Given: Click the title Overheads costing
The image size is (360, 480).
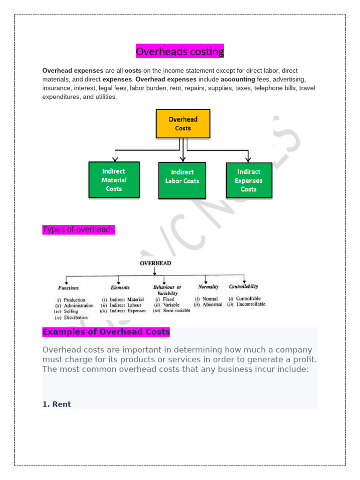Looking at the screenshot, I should tap(180, 51).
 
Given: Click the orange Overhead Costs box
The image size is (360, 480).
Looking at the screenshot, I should tap(183, 124).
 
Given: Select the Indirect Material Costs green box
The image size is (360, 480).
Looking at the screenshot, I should tap(114, 180).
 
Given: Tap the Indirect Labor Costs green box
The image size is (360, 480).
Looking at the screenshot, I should tap(182, 180).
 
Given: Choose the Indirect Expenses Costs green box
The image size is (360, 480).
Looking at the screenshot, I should tap(249, 180).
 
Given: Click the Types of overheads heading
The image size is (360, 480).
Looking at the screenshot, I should tap(78, 230).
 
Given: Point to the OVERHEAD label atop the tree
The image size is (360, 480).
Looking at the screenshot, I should tap(156, 263).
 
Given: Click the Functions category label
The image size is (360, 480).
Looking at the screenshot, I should tap(68, 288).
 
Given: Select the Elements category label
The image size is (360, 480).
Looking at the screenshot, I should tap(120, 287).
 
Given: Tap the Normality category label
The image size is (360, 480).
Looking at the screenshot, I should tap(208, 286).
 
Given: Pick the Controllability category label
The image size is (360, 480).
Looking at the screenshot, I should tap(243, 286).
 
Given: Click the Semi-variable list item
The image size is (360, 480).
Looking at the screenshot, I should tap(176, 310).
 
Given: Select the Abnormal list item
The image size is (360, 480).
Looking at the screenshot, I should tap(212, 305).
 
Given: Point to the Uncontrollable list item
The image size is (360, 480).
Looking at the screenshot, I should tap(251, 304).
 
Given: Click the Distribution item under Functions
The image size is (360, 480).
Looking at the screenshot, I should tap(75, 317).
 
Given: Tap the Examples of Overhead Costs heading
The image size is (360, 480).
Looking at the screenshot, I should tap(106, 332).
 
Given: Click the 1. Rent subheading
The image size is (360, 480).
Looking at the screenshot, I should tap(57, 404).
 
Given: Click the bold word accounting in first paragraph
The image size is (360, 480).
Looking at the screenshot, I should tap(238, 79).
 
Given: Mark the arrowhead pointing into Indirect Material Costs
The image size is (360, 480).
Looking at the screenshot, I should tap(114, 159).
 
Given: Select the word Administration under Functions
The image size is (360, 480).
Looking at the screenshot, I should tap(78, 306).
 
